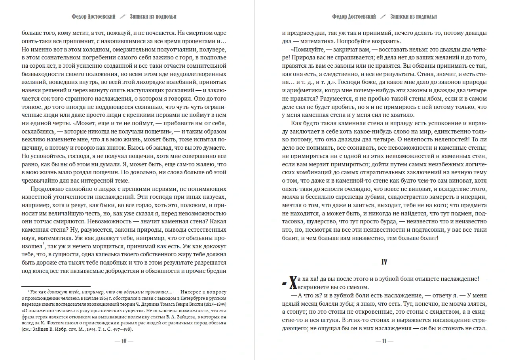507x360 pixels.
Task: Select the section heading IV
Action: coord(384,262)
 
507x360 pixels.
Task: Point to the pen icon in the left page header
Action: coord(123,17)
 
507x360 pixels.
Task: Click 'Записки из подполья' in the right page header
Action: coord(413,17)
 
